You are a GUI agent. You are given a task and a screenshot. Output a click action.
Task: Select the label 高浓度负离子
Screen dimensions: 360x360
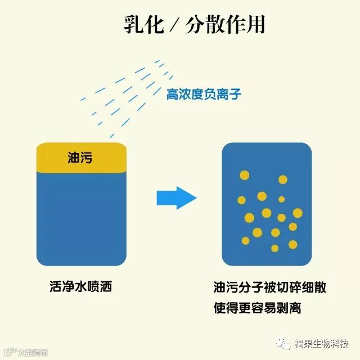[x=204, y=94]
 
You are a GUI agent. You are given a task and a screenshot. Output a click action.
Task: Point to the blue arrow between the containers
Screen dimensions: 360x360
[x=176, y=197]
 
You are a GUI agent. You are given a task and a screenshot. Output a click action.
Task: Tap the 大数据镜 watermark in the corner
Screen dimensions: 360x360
[x=31, y=353]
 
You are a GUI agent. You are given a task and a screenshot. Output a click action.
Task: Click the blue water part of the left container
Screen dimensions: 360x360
[x=81, y=219]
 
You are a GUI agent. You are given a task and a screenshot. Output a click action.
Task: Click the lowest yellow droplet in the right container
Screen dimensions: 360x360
[x=274, y=248]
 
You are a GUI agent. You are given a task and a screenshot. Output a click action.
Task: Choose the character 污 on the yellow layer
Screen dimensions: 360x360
[x=86, y=158]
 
